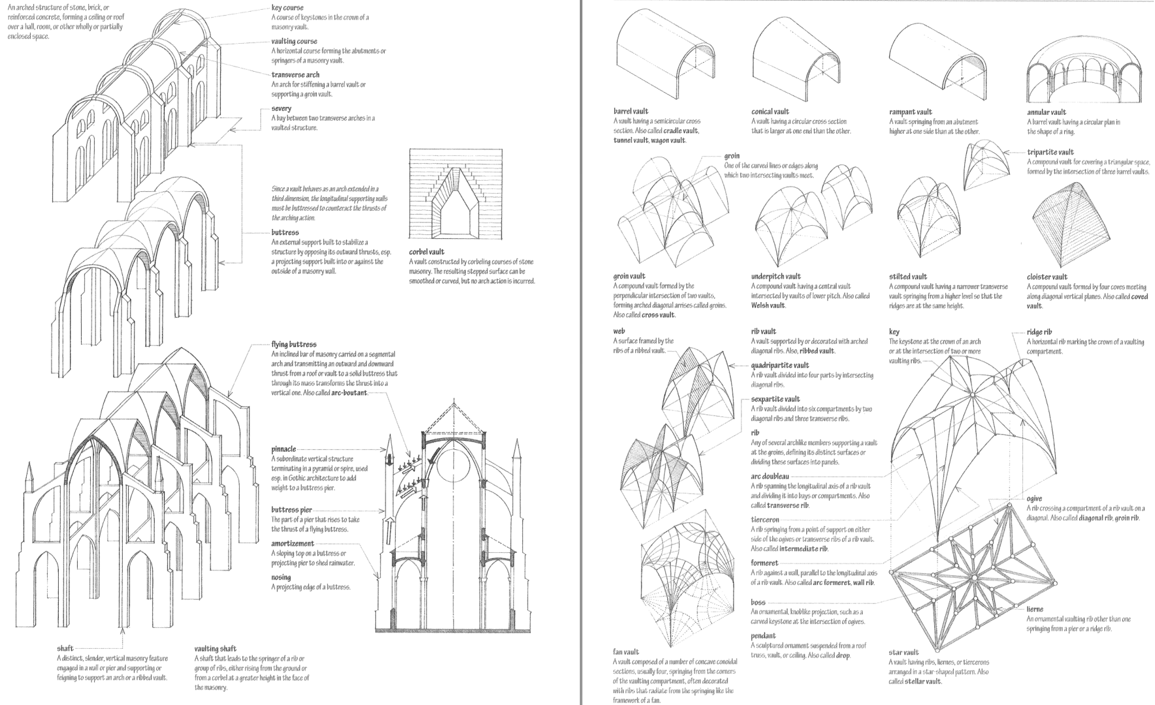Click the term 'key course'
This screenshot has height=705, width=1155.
(x=287, y=8)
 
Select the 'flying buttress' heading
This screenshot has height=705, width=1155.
(x=294, y=345)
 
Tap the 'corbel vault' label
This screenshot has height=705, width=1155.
(x=426, y=252)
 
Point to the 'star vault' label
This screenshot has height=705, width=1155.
(x=903, y=652)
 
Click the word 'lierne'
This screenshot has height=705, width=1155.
(x=1034, y=609)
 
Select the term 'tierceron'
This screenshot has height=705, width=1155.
(x=765, y=520)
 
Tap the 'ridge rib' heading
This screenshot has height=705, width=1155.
(x=1039, y=332)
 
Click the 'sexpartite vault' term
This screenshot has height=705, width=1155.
(x=775, y=399)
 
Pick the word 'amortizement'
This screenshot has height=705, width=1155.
(x=293, y=543)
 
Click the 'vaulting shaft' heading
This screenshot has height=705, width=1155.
(x=215, y=649)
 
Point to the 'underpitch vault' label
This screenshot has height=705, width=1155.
(x=775, y=276)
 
